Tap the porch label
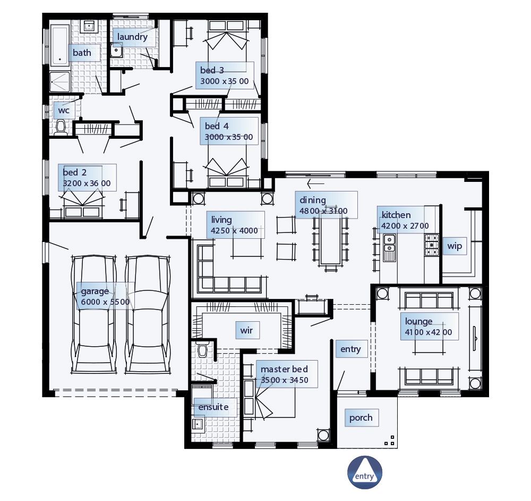361,418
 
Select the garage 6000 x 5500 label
105,297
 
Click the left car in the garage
94,314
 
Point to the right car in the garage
148,314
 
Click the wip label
455,246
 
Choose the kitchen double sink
389,248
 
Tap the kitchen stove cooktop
431,245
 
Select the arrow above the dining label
315,184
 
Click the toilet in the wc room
61,128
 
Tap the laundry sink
116,51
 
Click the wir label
246,330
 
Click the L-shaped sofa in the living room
223,277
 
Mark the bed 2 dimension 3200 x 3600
87,183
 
